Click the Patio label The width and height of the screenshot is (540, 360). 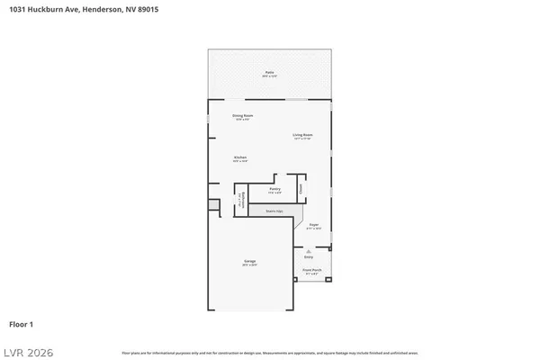click(269, 72)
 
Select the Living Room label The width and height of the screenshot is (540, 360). click(301, 136)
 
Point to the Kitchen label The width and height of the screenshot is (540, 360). click(240, 158)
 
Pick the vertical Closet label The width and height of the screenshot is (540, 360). click(301, 188)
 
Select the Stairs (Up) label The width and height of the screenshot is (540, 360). click(274, 211)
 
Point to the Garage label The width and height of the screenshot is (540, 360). click(248, 263)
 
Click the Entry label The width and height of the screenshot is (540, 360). click(309, 257)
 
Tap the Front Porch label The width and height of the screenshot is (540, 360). click(311, 270)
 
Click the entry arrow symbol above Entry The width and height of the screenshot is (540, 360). click(309, 251)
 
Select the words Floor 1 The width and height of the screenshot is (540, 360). click(22, 323)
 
